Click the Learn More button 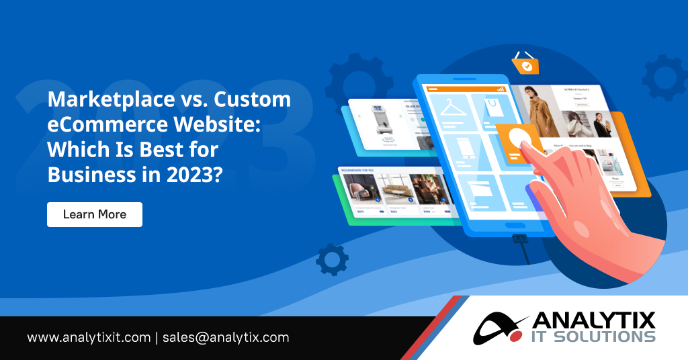95,214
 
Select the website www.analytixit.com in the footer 89,337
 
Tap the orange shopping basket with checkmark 526,64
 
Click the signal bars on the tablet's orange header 500,88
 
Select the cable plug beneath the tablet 517,238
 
